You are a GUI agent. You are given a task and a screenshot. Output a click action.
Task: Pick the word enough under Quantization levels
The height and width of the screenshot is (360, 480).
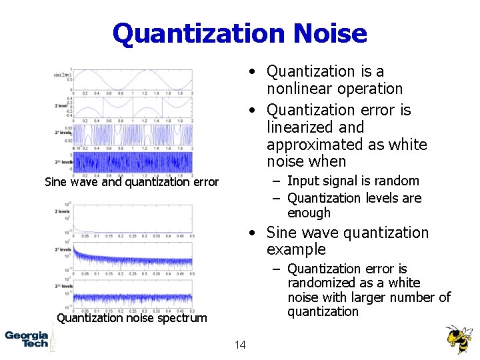pyautogui.click(x=309, y=213)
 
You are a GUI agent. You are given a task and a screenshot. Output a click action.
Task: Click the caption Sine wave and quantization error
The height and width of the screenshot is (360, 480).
pyautogui.click(x=131, y=181)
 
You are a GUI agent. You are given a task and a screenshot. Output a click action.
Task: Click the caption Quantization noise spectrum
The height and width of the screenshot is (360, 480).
pyautogui.click(x=132, y=318)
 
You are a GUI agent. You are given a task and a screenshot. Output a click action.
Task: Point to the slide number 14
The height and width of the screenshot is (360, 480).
pyautogui.click(x=240, y=345)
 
